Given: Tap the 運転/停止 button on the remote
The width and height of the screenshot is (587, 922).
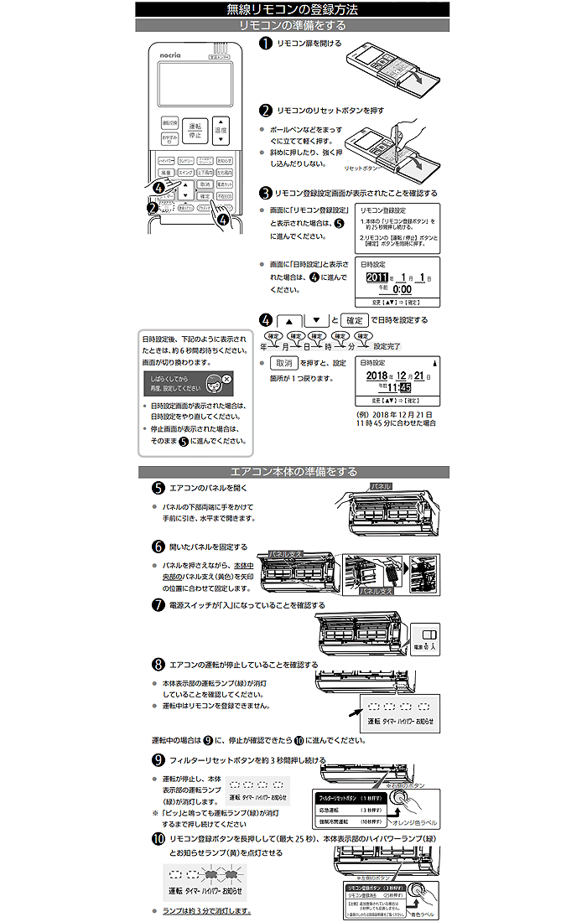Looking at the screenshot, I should [195, 129].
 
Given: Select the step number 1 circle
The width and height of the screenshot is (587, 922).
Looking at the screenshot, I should [265, 44].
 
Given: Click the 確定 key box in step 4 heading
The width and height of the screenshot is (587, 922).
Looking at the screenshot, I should [356, 320].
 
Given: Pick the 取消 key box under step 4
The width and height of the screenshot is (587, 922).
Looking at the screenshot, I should [284, 364].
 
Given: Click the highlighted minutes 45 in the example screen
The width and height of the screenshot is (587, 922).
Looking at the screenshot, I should [405, 387].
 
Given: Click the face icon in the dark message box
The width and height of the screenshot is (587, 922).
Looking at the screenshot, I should [215, 384].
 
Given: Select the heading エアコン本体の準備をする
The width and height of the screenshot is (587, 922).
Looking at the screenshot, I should [293, 472].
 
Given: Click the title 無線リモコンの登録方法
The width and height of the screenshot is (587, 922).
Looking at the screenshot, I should [293, 10].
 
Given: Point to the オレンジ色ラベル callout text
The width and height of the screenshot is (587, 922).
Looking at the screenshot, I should [408, 821].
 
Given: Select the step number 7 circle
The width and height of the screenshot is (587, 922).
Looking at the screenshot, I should [158, 605].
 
